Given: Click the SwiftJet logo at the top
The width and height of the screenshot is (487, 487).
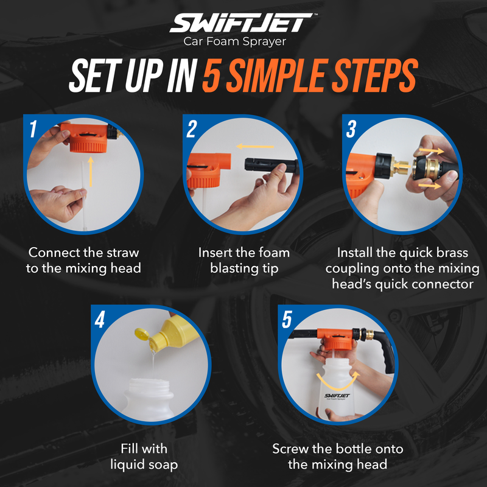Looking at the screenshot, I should pyautogui.click(x=243, y=24).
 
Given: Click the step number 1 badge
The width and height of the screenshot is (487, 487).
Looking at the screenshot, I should pyautogui.click(x=33, y=128).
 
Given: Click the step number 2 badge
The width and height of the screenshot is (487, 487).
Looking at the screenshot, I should pyautogui.click(x=192, y=128).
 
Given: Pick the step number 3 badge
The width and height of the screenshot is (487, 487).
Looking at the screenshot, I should pyautogui.click(x=351, y=128).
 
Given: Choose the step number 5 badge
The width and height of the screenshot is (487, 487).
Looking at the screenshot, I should pyautogui.click(x=287, y=320).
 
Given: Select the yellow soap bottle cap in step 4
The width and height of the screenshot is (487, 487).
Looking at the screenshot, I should pyautogui.click(x=141, y=334).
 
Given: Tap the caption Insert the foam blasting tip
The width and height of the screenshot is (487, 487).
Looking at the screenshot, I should pyautogui.click(x=243, y=260).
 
